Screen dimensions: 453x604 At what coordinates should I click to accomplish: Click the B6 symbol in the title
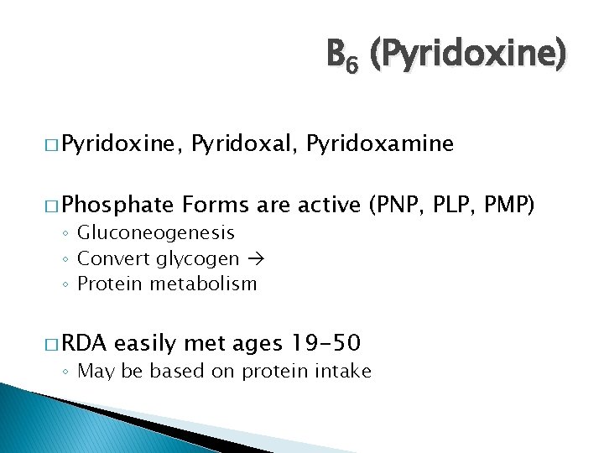341,56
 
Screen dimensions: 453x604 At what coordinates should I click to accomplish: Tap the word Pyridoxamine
380,144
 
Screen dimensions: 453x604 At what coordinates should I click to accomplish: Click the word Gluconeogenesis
156,232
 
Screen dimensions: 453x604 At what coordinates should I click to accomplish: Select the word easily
146,342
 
